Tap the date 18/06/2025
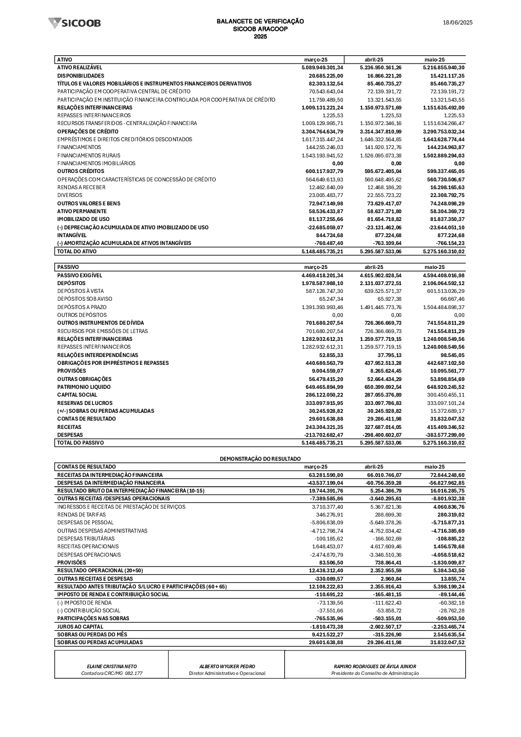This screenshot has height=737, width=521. pos(457,22)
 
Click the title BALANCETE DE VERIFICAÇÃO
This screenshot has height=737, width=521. pos(260,21)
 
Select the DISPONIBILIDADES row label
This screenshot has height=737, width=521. pos(81,76)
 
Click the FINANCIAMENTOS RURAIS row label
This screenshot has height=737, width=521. pos(89,155)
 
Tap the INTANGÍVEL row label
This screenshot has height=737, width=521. pos(72,235)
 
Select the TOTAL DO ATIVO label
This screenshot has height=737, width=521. pos(77,251)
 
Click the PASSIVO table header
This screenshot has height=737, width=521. pos(68,267)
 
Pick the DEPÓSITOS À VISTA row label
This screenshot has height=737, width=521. pos(80,291)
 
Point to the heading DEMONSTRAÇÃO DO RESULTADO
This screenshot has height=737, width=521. pos(260,459)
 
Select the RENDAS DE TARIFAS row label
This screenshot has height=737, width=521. pos(82,514)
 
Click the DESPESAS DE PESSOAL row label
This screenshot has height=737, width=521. pos(85,522)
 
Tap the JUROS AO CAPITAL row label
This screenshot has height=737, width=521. pos(80,627)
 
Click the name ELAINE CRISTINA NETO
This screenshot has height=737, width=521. pos(111,666)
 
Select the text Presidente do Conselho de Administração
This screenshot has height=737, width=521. pos(375,673)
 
